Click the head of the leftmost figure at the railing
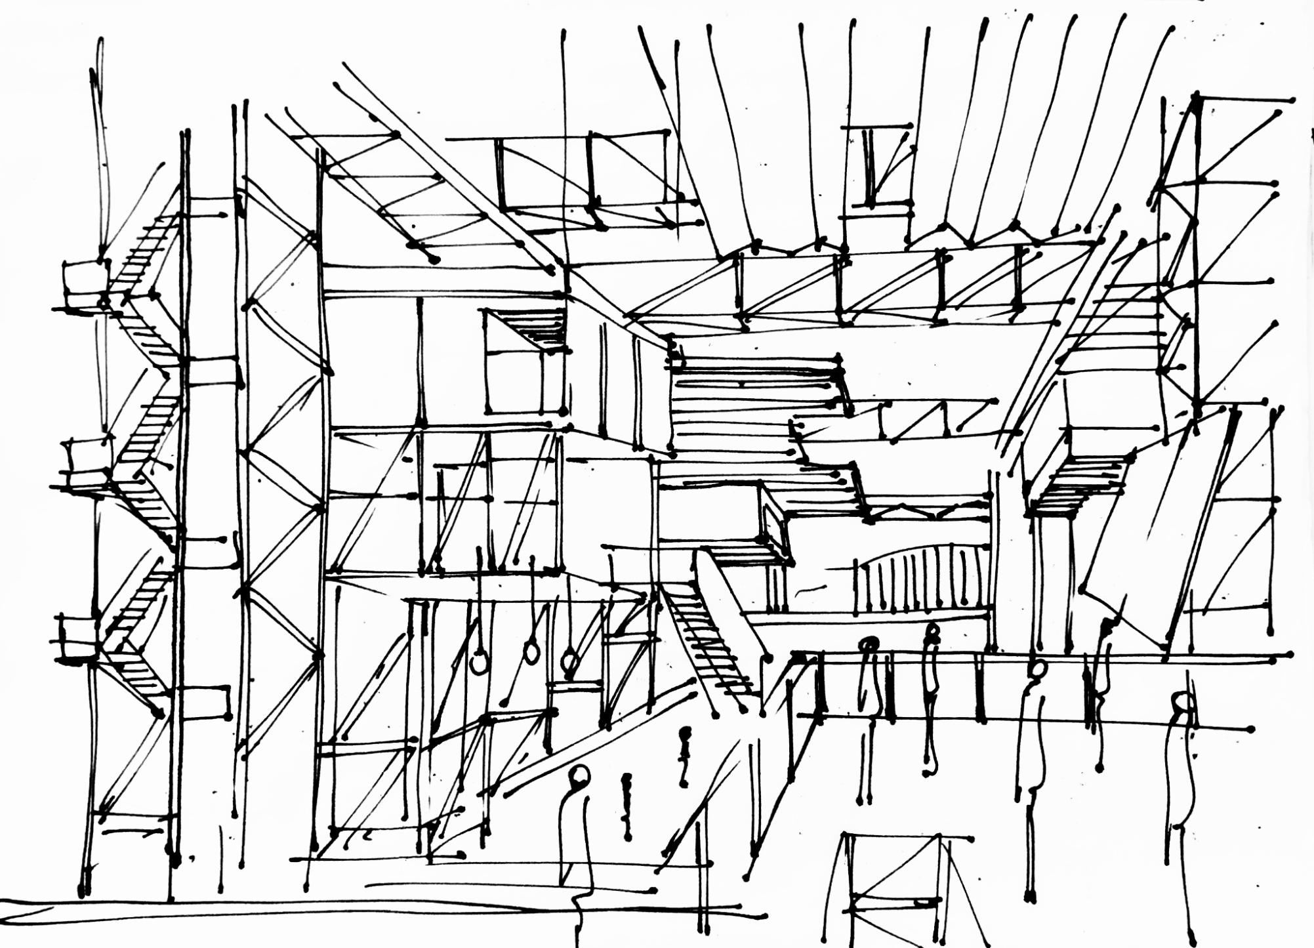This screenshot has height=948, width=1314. pyautogui.click(x=869, y=646)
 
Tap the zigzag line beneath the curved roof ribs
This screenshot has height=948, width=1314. pyautogui.click(x=918, y=239)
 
